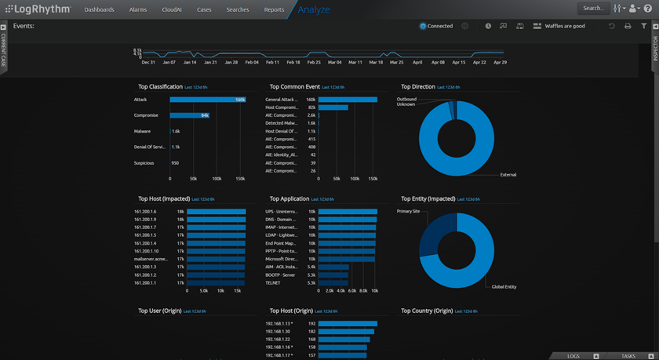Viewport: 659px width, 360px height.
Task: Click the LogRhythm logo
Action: click(x=37, y=9)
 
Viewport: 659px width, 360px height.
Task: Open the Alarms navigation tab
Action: click(x=138, y=10)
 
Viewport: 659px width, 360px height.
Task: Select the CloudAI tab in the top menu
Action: click(x=171, y=10)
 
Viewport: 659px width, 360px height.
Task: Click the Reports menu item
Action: click(x=274, y=10)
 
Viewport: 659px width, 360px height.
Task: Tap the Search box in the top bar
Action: click(x=594, y=9)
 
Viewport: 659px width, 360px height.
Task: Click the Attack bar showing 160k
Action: click(x=208, y=100)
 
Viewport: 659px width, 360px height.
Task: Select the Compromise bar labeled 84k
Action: click(x=189, y=115)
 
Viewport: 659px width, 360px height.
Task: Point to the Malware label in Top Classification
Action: click(x=142, y=131)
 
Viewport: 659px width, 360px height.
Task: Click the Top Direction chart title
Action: click(x=417, y=87)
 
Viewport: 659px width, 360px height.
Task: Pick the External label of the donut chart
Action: click(x=508, y=174)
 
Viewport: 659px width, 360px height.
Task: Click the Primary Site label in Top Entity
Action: click(x=408, y=211)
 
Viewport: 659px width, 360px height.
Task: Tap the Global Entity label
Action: click(x=504, y=287)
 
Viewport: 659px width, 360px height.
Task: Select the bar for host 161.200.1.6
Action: click(x=217, y=212)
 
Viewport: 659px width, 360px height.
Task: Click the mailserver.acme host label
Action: click(x=151, y=259)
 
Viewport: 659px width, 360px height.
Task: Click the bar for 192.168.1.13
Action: click(x=348, y=323)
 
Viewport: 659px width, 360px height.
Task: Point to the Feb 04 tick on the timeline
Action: click(x=251, y=62)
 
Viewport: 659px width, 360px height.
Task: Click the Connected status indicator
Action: click(x=436, y=26)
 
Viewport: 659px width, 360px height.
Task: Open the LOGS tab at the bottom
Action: click(x=573, y=356)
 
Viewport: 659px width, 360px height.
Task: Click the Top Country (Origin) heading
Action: click(x=427, y=311)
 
